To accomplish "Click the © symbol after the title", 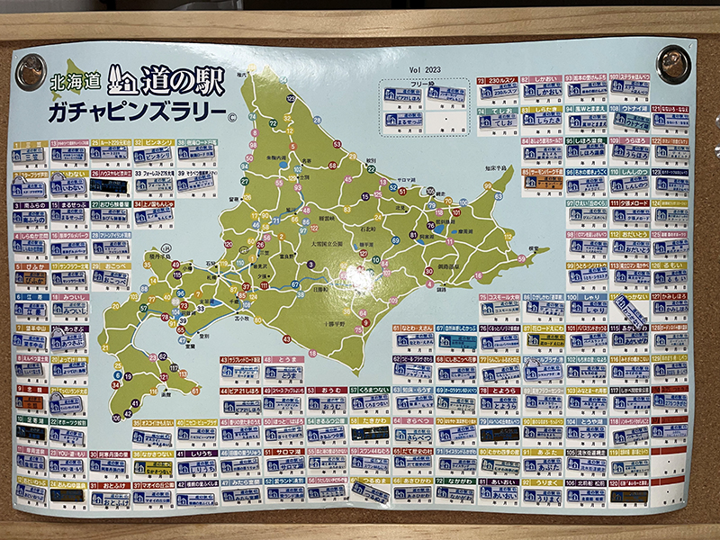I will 231,115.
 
